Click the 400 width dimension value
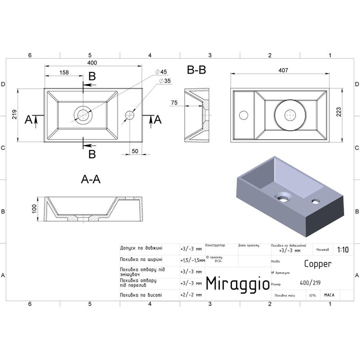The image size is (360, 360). tap(93, 63)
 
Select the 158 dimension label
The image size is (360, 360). tap(63, 72)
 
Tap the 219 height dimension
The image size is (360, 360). tap(15, 115)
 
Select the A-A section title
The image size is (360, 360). tap(91, 179)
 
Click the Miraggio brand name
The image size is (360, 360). tap(236, 284)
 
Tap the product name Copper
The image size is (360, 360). tap(318, 263)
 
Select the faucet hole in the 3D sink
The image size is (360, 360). tap(316, 201)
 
